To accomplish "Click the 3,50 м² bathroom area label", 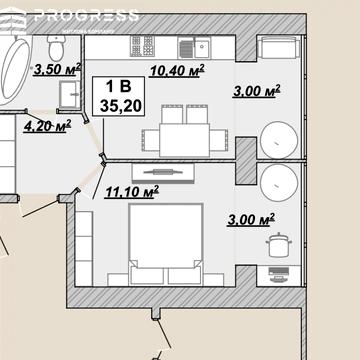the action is (57, 69).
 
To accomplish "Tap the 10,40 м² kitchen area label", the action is (177, 70).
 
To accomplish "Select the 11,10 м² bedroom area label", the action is (132, 192).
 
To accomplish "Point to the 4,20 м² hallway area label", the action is (47, 126).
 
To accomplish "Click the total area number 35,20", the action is (121, 106).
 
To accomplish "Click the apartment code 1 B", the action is (118, 87).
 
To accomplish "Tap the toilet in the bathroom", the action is (56, 48).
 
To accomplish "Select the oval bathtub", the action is (15, 71).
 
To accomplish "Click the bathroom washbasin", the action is (70, 94).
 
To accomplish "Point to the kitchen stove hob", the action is (142, 46).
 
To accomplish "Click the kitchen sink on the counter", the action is (194, 47).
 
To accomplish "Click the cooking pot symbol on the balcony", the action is (279, 245).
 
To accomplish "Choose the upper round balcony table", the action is (279, 140).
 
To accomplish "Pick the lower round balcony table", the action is (279, 183).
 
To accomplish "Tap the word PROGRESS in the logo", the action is (86, 16).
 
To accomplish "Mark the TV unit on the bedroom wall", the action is (163, 172).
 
